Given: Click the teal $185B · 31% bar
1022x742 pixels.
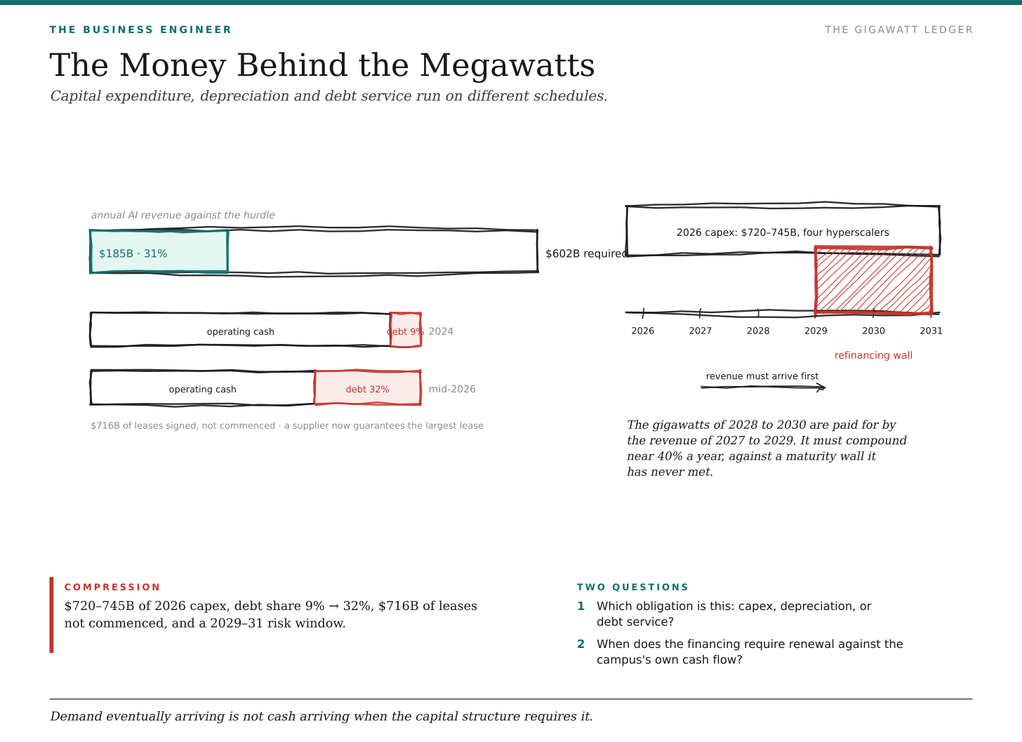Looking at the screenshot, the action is [159, 251].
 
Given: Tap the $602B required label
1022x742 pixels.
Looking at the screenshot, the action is [586, 253].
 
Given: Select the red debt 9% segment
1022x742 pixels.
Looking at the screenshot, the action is [406, 330].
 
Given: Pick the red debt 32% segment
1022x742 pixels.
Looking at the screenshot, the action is [367, 387].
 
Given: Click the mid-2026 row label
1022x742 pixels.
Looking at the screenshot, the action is [452, 390].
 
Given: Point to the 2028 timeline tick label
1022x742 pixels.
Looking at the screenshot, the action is [758, 331].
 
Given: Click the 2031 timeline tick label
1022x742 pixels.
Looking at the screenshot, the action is [931, 331].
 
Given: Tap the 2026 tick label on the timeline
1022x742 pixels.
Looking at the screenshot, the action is [642, 331].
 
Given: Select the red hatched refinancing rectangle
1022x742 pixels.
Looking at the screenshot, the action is [873, 281].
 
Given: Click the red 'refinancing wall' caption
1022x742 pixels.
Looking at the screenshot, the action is [873, 355].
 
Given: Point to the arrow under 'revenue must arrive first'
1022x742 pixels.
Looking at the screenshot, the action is [763, 387].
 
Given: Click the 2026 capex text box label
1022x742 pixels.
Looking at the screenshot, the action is [783, 233].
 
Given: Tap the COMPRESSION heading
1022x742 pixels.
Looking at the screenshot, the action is [112, 588].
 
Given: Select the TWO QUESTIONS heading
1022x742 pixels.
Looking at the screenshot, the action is [632, 588].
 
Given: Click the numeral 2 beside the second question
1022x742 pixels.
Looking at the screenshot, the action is [580, 644].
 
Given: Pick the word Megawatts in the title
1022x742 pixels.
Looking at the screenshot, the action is [507, 66].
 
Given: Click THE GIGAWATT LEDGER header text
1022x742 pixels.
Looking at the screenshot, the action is [898, 30].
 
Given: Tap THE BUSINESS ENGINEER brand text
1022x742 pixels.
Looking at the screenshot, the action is [140, 30].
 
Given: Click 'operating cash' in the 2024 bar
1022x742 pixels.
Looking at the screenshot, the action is [241, 332].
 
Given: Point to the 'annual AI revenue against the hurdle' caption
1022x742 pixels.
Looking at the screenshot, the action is [183, 216].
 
